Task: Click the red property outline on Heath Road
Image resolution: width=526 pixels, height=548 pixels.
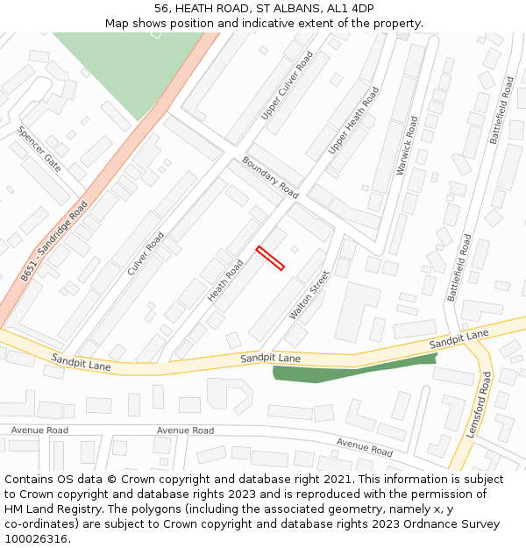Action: [270, 258]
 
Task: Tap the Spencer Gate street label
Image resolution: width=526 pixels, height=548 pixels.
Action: [39, 149]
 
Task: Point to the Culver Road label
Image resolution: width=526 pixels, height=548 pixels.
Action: [146, 253]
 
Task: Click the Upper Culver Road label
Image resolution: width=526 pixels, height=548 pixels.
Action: [287, 86]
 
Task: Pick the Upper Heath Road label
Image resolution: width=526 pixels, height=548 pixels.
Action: [353, 121]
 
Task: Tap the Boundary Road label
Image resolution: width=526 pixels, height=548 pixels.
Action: [271, 177]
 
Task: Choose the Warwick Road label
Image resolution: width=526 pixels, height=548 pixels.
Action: [408, 146]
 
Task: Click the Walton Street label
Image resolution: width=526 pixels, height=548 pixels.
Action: [309, 295]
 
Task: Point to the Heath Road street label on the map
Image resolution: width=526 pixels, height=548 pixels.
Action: [225, 281]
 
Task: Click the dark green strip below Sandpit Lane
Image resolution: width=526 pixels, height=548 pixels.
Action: [351, 369]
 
